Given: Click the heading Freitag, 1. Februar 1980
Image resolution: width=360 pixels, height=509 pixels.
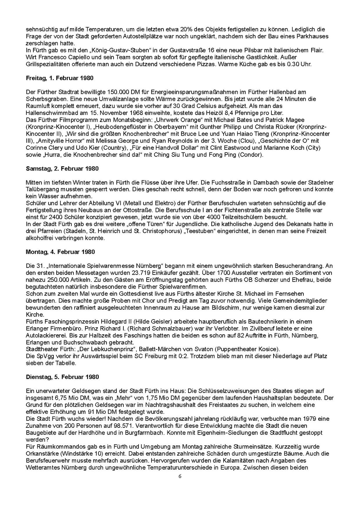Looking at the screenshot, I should click(59, 78).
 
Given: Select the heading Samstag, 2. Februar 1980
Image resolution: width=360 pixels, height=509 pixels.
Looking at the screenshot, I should click(62, 168).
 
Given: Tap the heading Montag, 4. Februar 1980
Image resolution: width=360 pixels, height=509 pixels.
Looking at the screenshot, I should click(60, 252).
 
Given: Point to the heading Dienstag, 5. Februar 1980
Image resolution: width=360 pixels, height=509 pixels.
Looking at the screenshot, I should click(62, 377).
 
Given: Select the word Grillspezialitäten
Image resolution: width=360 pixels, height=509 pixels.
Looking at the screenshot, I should click(49, 64).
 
